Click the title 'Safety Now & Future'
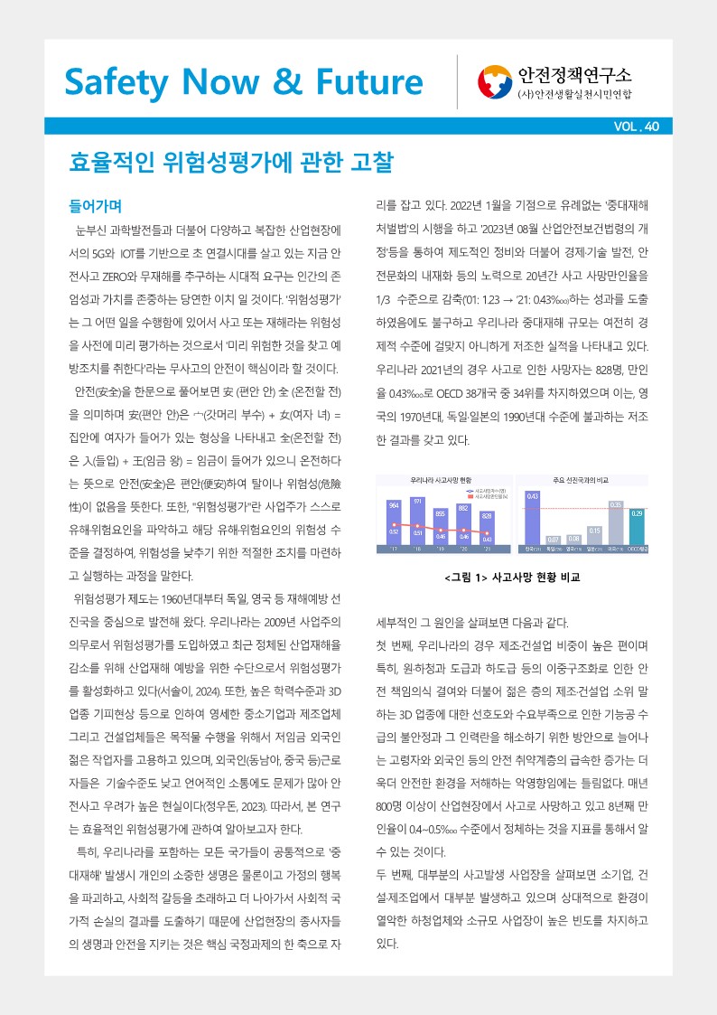pos(243,81)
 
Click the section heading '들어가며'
pos(96,204)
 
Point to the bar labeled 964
pos(394,524)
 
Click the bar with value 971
pos(417,522)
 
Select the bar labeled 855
pos(440,528)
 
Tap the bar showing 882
pos(463,525)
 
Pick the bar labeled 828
pos(487,530)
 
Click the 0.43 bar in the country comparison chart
pos(533,520)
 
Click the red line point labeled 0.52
pos(394,524)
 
